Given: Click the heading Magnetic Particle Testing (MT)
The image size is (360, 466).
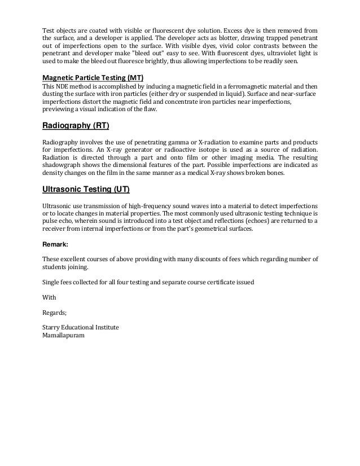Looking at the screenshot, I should [x=89, y=77].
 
